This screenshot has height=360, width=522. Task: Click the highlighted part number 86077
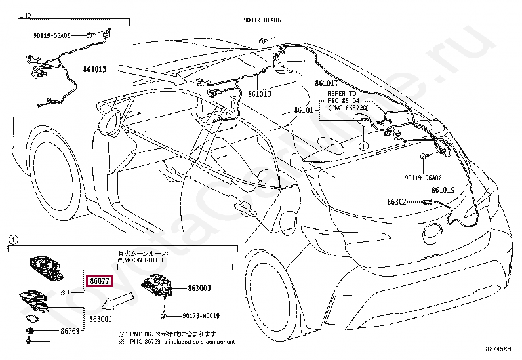[x=100, y=281]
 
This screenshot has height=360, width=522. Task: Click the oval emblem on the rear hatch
[x=434, y=231]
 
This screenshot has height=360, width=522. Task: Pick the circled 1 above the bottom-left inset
[x=14, y=239]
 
